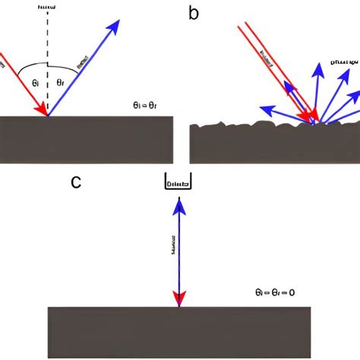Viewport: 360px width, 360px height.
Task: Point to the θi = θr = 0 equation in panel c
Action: click(274, 290)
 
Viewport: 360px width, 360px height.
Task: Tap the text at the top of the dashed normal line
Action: click(48, 6)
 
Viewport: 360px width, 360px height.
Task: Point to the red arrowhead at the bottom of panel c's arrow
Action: click(179, 299)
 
